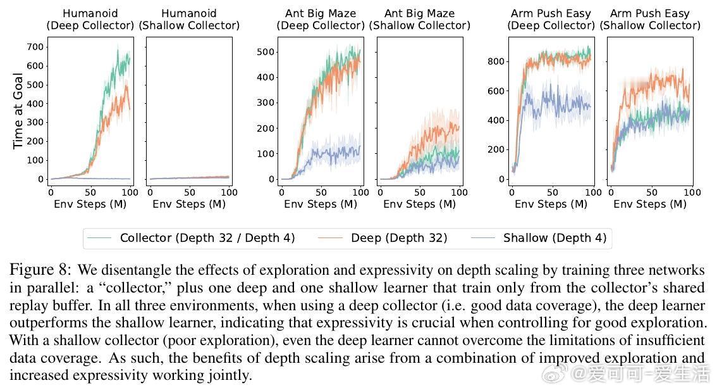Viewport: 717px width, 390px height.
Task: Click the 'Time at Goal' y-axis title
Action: pos(18,111)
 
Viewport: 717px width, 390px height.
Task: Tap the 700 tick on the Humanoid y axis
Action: pos(35,47)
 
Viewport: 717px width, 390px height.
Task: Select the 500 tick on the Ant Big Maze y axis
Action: pos(267,52)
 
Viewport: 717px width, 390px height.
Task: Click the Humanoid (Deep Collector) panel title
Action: pos(90,20)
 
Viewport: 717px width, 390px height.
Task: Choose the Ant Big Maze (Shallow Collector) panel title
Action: pos(419,20)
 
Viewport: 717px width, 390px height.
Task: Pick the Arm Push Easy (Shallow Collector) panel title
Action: pos(649,20)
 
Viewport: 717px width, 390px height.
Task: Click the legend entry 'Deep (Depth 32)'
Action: pos(399,238)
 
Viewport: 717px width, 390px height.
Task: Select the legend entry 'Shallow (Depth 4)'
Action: pos(555,238)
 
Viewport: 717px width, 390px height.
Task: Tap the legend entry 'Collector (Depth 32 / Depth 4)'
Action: pos(207,238)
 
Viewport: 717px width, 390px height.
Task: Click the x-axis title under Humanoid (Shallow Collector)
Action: pos(188,204)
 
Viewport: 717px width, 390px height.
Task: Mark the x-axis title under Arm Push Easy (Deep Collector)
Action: pos(551,204)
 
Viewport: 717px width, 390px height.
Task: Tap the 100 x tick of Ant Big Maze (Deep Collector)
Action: pos(360,192)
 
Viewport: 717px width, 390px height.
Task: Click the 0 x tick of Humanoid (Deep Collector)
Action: pos(51,192)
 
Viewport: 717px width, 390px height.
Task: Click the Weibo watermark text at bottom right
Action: pos(639,375)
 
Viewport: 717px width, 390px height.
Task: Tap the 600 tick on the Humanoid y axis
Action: pos(35,66)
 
